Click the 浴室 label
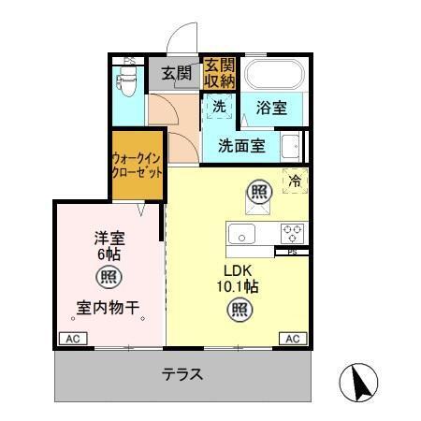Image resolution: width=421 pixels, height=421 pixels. tap(271, 109)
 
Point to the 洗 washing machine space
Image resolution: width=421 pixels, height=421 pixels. tap(218, 107)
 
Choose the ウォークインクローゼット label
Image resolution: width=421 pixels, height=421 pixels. tap(137, 166)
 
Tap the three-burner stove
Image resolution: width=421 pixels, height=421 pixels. tap(291, 232)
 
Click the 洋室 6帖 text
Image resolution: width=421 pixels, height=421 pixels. tap(110, 245)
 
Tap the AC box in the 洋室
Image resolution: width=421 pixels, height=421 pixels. tap(72, 338)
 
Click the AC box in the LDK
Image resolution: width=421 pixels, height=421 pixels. tap(291, 338)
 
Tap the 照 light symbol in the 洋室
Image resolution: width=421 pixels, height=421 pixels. tap(109, 277)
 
